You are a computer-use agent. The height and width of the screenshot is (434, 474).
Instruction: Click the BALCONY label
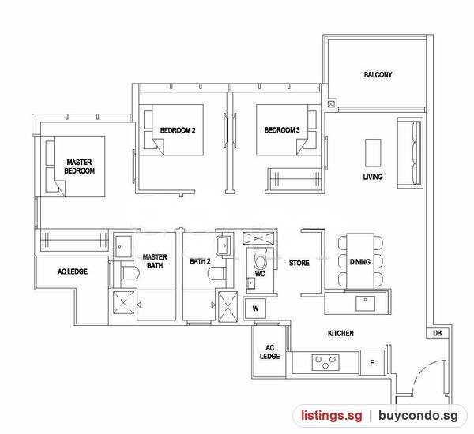click(378, 75)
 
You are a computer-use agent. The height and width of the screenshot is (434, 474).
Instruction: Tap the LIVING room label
click(373, 177)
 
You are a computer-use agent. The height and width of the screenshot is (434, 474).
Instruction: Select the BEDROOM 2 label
click(178, 130)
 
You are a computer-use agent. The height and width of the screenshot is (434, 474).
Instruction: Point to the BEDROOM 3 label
click(282, 130)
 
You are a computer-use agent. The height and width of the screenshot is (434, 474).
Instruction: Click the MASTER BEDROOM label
click(80, 166)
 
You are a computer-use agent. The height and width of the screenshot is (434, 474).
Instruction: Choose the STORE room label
click(299, 263)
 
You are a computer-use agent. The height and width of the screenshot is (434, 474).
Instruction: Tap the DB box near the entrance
click(437, 333)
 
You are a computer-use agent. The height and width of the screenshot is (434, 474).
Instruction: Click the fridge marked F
click(372, 362)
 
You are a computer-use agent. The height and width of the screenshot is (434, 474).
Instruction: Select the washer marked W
click(255, 309)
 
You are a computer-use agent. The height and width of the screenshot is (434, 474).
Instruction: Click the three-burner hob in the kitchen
click(325, 362)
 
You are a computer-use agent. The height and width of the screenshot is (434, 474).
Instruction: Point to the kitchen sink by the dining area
click(365, 303)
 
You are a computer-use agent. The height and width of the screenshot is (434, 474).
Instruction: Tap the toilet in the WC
click(259, 259)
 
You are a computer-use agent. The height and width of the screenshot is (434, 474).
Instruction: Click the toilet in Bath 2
click(216, 273)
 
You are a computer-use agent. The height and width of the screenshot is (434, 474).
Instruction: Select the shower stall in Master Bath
click(123, 302)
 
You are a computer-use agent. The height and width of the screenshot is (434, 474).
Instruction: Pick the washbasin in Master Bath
click(123, 247)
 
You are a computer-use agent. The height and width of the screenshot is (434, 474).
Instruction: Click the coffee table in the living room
click(373, 153)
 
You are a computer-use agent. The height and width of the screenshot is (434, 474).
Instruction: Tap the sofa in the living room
click(410, 152)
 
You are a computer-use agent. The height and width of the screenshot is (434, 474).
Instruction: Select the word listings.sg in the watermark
click(331, 416)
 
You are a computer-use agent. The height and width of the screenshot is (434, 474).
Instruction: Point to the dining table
click(360, 261)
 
